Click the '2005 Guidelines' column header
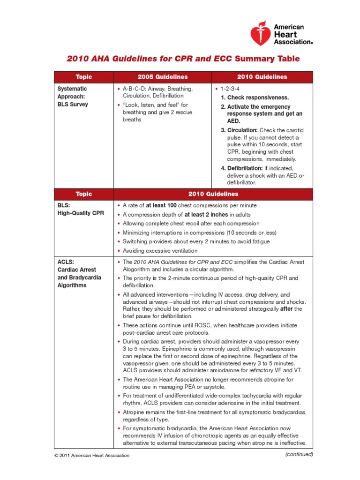[x=163, y=77]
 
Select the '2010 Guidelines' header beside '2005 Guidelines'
[x=262, y=77]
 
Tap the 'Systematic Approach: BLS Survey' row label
[x=73, y=96]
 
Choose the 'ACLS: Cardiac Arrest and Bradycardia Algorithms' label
[x=77, y=273]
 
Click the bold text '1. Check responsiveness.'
[x=255, y=97]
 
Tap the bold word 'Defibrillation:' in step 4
[x=245, y=168]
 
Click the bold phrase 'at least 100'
[x=161, y=205]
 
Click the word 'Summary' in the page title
[x=254, y=59]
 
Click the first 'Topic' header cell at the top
[x=84, y=77]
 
